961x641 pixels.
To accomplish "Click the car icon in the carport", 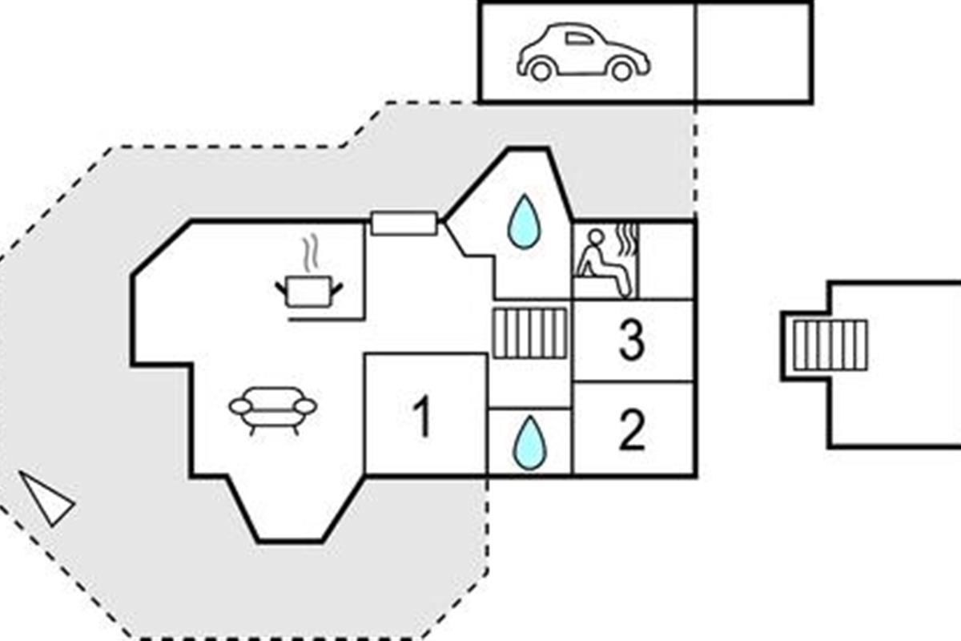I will (583, 53).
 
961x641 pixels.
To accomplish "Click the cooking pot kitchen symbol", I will (309, 291).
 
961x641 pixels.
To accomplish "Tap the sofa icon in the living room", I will (273, 407).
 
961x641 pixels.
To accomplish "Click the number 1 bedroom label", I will (423, 417).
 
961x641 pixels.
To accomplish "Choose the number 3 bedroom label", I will (632, 341).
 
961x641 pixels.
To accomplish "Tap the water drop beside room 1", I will (529, 442).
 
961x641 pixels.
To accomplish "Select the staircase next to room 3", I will (529, 333).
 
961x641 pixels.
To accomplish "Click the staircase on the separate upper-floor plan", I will (830, 345).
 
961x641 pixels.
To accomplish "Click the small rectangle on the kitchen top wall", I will (404, 224).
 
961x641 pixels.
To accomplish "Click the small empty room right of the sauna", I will (667, 260).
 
